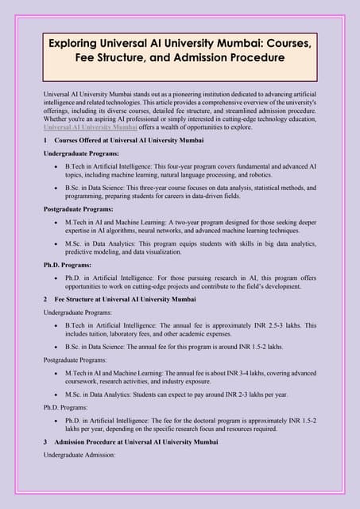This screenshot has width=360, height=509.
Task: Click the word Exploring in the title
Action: [75, 41]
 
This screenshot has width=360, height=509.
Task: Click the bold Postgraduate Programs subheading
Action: [80, 209]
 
